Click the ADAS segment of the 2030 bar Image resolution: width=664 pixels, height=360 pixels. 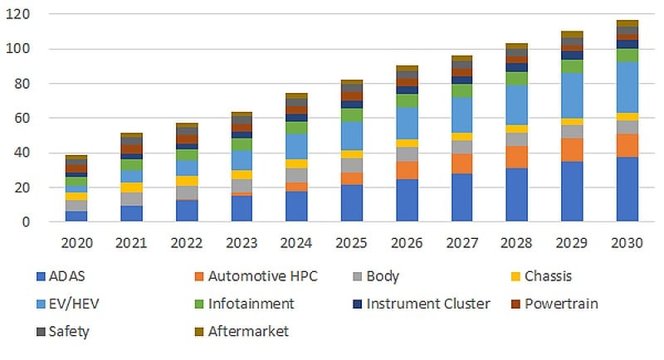pos(627,189)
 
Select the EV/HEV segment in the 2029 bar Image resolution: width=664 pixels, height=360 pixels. pos(572,95)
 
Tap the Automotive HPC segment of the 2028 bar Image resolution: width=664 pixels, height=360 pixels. pos(517,157)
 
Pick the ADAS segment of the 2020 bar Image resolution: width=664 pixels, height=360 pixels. pos(76,216)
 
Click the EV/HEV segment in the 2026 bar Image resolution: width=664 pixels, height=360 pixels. pos(407,123)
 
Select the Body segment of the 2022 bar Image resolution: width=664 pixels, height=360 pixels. pos(187,192)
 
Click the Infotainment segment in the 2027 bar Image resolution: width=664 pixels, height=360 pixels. pos(461,90)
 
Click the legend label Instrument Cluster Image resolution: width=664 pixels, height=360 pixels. pos(427,304)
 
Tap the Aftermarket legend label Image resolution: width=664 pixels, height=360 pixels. pos(247,331)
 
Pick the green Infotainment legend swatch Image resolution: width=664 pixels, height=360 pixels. pos(196,304)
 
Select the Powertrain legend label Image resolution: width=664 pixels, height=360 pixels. pos(562,304)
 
